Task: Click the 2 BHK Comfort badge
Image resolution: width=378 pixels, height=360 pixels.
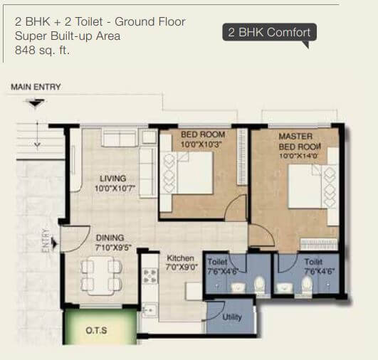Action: coord(268,33)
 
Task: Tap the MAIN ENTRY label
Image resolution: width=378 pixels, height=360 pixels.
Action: coord(36,87)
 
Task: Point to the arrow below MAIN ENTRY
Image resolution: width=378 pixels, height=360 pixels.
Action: coord(34,102)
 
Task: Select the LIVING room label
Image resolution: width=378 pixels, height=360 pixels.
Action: coord(113,178)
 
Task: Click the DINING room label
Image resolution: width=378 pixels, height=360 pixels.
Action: coord(110,238)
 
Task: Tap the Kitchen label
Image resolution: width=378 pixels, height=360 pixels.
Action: coord(180,258)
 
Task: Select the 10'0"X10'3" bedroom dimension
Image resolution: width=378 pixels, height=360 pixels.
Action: coord(202,144)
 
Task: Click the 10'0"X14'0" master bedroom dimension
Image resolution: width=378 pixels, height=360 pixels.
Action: coord(296,156)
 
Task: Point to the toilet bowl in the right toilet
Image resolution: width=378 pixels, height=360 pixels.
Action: coord(307,285)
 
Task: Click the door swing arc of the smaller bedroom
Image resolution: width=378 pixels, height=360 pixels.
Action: coord(235,210)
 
